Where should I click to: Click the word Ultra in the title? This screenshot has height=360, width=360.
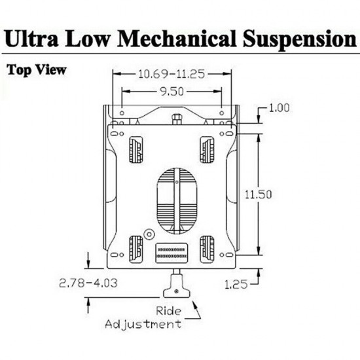point(35,39)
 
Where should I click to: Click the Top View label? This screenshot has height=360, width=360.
point(35,69)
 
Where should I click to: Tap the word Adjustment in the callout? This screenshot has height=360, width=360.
point(150,323)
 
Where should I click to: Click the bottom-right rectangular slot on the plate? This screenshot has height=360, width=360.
point(207,247)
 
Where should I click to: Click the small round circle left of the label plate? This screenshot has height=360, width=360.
point(149,233)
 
